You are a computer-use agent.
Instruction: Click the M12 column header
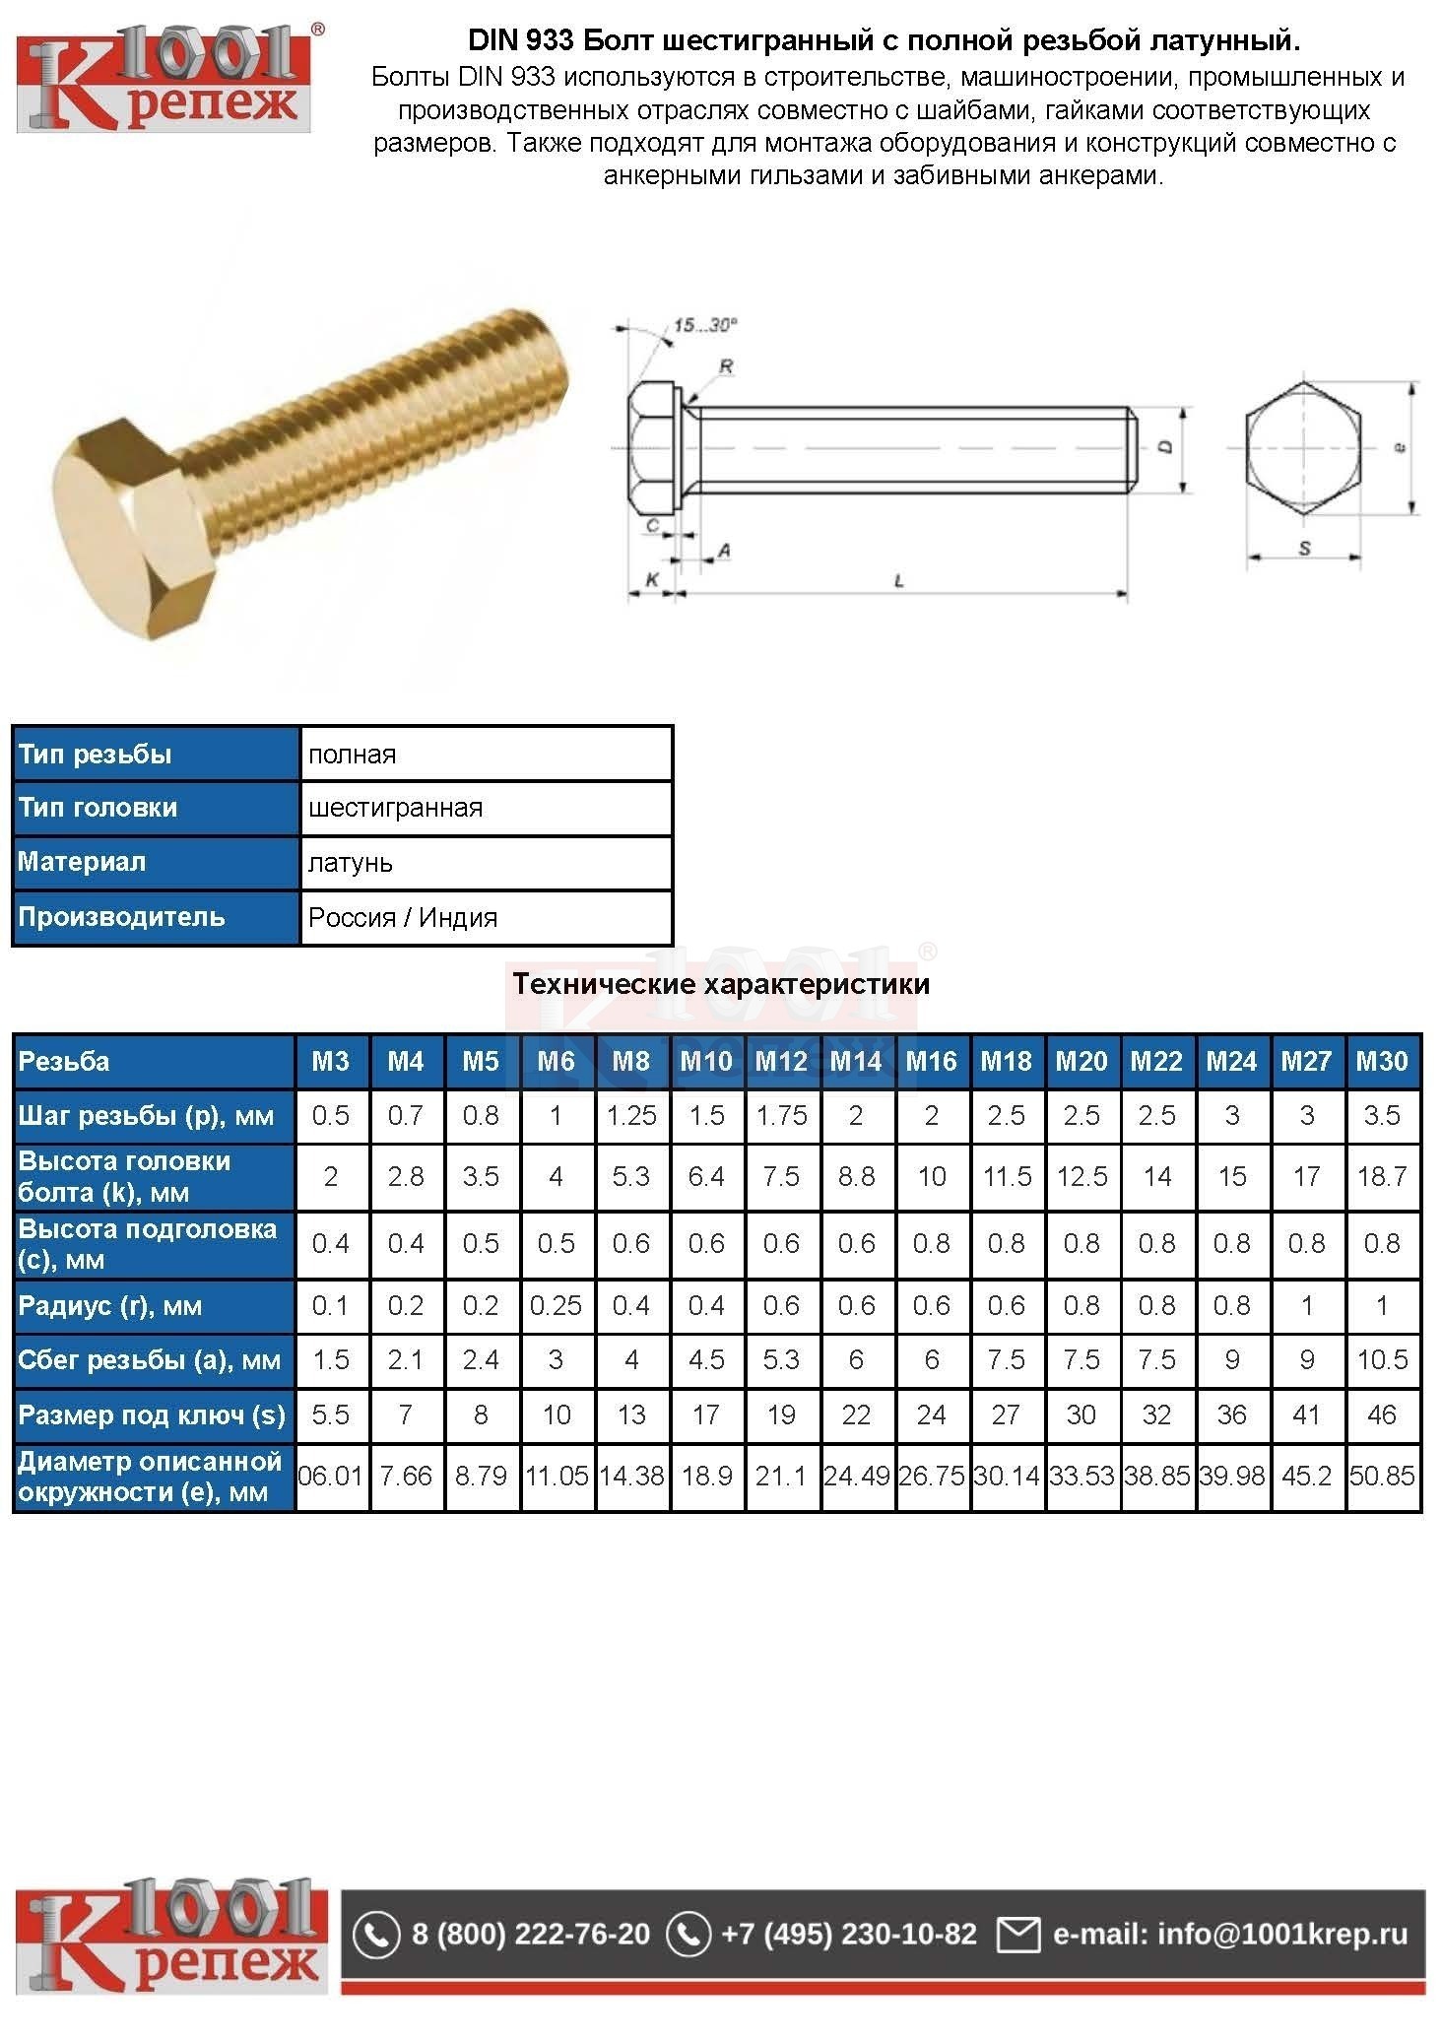click(x=781, y=1061)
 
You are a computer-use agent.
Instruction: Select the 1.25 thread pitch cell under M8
click(x=631, y=1115)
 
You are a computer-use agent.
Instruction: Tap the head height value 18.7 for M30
click(x=1382, y=1176)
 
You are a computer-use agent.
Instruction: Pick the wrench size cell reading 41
click(x=1306, y=1414)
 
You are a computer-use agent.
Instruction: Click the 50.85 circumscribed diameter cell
click(x=1382, y=1476)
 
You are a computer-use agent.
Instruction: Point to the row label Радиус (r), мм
click(x=110, y=1306)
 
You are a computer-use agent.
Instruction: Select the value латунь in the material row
click(x=351, y=863)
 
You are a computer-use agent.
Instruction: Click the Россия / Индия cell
click(x=403, y=917)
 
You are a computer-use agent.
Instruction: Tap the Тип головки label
click(x=98, y=808)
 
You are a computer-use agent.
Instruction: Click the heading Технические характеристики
click(x=721, y=983)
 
